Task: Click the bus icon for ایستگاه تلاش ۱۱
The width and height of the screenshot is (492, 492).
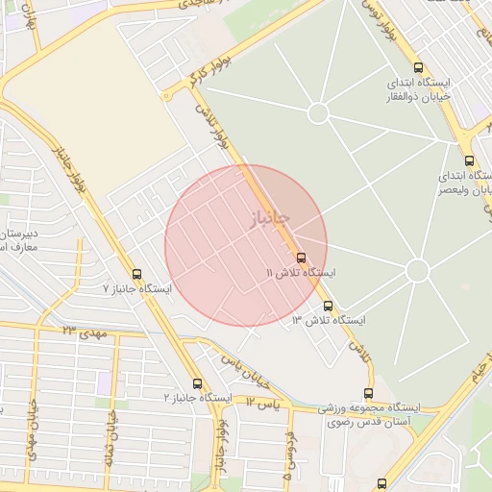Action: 302,258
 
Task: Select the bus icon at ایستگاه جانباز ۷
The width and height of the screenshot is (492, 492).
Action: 136,274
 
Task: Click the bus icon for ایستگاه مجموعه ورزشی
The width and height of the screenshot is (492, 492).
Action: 369,393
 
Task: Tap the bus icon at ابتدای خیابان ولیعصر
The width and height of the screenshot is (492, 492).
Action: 469,160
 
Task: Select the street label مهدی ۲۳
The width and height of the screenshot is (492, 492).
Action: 83,332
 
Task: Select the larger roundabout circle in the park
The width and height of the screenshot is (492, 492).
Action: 417,271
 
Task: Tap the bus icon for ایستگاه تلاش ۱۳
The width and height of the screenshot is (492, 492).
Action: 329,307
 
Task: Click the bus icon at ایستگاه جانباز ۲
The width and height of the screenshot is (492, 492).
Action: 197,383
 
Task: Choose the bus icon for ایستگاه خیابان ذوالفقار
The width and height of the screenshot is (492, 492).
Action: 417,67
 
